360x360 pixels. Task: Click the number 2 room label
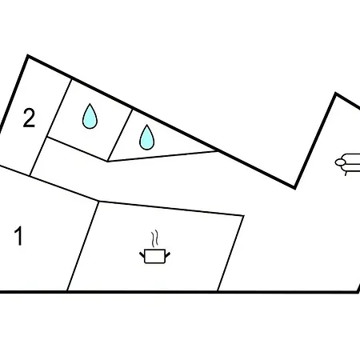pyautogui.click(x=29, y=118)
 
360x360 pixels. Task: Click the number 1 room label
pyautogui.click(x=18, y=236)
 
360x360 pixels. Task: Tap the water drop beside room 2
pyautogui.click(x=90, y=116)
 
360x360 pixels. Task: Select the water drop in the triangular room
pyautogui.click(x=147, y=138)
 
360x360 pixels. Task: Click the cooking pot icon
pyautogui.click(x=155, y=256)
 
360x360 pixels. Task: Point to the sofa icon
pyautogui.click(x=348, y=164)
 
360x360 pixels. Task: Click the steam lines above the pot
pyautogui.click(x=155, y=238)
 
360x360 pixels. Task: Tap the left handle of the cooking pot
pyautogui.click(x=142, y=254)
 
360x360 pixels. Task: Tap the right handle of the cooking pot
pyautogui.click(x=167, y=254)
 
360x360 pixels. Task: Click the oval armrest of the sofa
pyautogui.click(x=340, y=162)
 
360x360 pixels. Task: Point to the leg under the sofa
pyautogui.click(x=346, y=174)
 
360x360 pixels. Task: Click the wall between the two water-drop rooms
pyautogui.click(x=120, y=135)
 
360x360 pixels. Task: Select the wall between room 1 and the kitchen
pyautogui.click(x=83, y=246)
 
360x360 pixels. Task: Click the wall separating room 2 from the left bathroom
pyautogui.click(x=50, y=127)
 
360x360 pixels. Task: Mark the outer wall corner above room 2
pyautogui.click(x=28, y=56)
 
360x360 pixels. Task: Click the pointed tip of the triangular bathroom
pyautogui.click(x=218, y=151)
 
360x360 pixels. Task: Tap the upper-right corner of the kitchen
pyautogui.click(x=243, y=215)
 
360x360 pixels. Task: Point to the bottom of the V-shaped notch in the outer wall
pyautogui.click(x=294, y=187)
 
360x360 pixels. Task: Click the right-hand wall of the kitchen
pyautogui.click(x=230, y=254)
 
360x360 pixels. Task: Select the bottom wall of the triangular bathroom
pyautogui.click(x=162, y=156)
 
